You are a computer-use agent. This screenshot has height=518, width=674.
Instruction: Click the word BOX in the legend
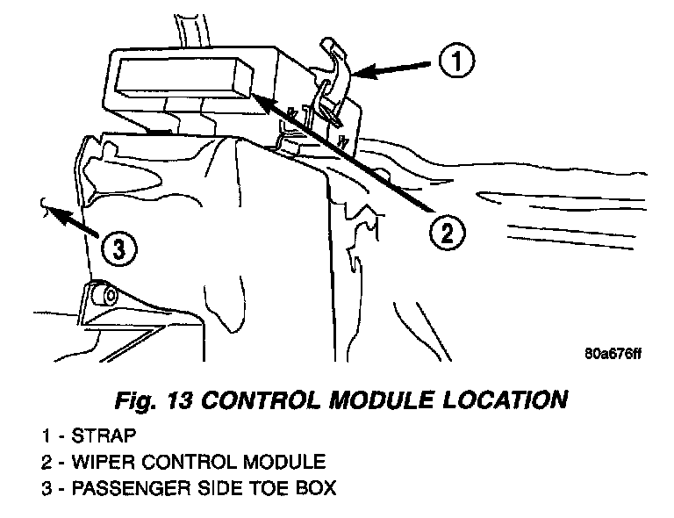[317, 487]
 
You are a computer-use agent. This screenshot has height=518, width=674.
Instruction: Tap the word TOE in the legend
[275, 487]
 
